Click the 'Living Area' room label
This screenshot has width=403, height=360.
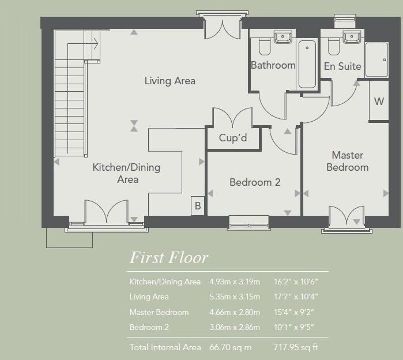tap(170, 81)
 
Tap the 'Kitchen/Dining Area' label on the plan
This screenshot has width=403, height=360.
tap(127, 173)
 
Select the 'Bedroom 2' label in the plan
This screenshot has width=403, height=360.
tap(255, 182)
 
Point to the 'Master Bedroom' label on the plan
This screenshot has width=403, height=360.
tap(347, 162)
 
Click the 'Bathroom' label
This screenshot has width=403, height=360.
tap(273, 65)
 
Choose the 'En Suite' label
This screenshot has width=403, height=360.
tap(342, 66)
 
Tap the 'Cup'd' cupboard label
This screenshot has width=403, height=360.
tap(233, 138)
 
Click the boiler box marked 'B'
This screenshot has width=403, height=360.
tap(198, 205)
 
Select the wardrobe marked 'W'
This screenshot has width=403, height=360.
tap(379, 102)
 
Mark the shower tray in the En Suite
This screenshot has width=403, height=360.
tap(377, 59)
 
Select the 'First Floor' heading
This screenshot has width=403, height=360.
tap(168, 257)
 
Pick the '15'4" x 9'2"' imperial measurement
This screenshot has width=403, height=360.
tap(295, 312)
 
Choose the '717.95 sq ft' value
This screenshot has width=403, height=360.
tap(295, 347)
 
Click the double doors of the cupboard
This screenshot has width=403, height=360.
tap(233, 119)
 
